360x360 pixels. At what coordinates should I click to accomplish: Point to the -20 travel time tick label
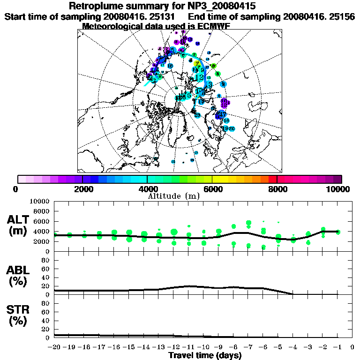tap(54, 347)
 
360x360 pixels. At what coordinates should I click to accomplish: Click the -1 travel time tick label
tap(337, 347)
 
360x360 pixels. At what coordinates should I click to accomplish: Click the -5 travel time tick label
tap(278, 347)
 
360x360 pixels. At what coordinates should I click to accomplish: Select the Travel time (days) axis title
tap(205, 355)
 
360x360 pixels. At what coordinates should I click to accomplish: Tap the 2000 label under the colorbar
tap(82, 189)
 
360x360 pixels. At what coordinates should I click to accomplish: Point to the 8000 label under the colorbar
tap(277, 189)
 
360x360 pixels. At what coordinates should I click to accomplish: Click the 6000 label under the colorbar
tap(212, 189)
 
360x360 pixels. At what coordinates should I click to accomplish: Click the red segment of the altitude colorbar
tap(273, 179)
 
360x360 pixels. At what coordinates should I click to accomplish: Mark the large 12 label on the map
tap(199, 77)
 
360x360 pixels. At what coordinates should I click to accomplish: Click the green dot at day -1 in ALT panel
tap(338, 232)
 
